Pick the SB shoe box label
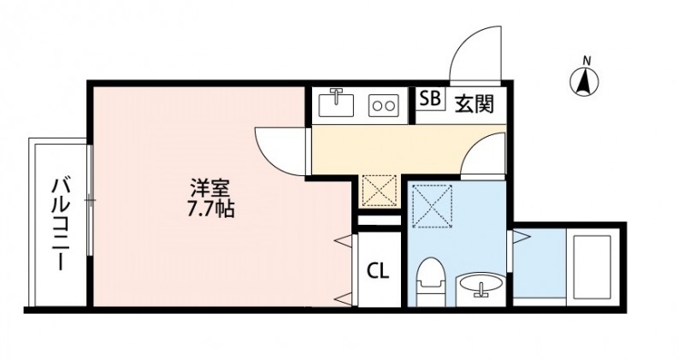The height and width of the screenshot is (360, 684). pyautogui.click(x=430, y=100)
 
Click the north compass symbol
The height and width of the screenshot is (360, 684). pyautogui.click(x=586, y=80)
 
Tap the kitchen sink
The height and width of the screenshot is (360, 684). pyautogui.click(x=337, y=103)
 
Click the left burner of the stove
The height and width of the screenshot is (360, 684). pyautogui.click(x=377, y=106)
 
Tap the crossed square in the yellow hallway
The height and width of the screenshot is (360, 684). pyautogui.click(x=377, y=190)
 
